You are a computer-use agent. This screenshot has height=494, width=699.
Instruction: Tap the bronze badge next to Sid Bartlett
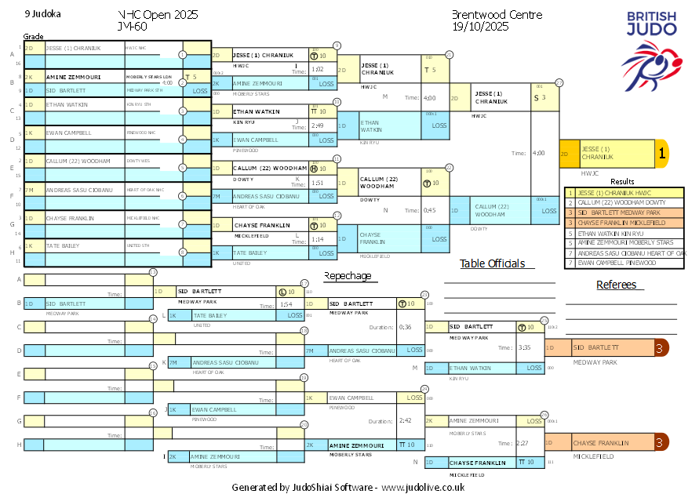[x=660, y=347]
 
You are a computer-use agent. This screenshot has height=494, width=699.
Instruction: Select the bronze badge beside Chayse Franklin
[x=660, y=443]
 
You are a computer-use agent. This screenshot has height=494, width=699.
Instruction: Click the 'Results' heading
[x=622, y=181]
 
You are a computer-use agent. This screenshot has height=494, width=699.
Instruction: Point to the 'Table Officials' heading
[x=492, y=263]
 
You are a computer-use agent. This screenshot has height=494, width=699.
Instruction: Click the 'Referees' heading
[x=617, y=285]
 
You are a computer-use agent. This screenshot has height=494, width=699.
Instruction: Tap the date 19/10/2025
[x=481, y=27]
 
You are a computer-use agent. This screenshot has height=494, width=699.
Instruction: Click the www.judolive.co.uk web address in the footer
[x=423, y=487]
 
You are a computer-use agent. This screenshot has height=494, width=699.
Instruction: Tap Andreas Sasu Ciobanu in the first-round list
[x=78, y=190]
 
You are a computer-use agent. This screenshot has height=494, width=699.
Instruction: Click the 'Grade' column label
[x=33, y=36]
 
